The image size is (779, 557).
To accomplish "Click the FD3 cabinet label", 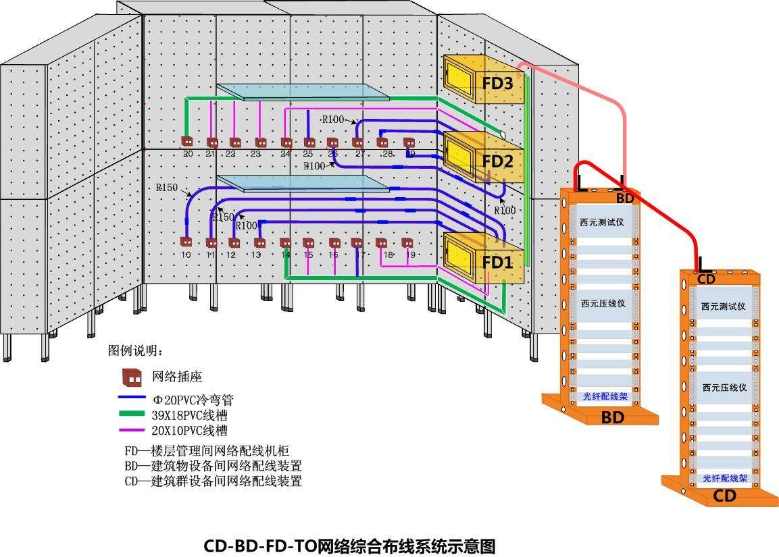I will [498, 84].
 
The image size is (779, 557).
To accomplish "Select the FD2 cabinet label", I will [498, 161].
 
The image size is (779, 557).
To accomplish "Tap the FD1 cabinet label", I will [498, 261].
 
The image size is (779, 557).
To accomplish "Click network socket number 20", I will [187, 142].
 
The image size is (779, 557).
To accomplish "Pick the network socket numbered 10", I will [186, 242].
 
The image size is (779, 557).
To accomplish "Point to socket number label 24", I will [285, 154].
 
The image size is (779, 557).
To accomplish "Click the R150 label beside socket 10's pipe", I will [166, 188].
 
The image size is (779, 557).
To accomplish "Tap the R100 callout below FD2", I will [505, 211].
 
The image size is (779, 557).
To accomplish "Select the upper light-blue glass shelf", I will [303, 92].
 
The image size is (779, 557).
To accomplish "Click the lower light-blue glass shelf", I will [303, 183].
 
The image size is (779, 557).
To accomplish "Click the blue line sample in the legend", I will [132, 398].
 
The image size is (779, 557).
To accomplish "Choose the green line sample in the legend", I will [132, 414].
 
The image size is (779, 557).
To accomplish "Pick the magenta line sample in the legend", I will [132, 430].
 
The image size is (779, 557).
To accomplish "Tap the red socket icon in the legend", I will [131, 377].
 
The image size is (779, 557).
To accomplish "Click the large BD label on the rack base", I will [612, 418].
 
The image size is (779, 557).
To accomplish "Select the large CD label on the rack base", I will [724, 496].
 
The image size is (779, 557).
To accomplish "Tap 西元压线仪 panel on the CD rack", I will [724, 388].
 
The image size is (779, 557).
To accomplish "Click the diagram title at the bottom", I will [350, 546].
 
